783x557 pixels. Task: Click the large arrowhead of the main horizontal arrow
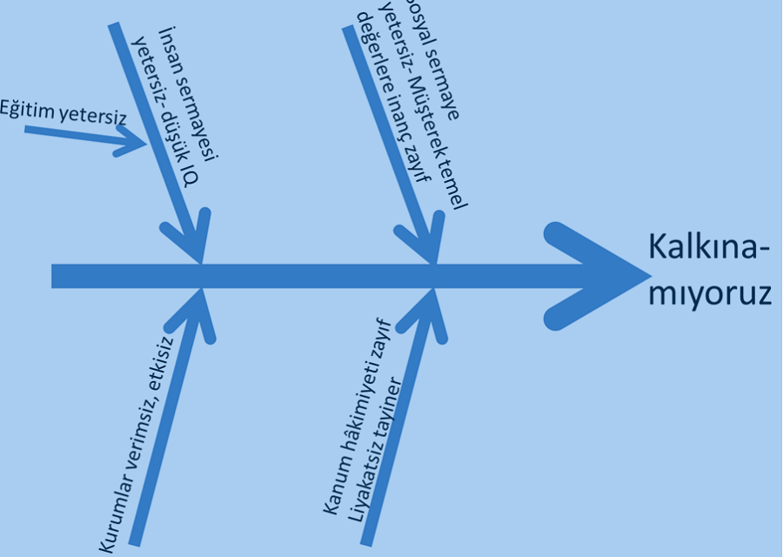(x=600, y=275)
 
